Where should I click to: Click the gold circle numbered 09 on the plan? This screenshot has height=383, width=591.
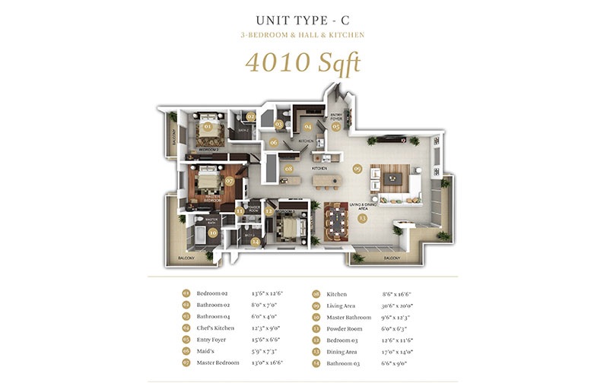tap(357, 168)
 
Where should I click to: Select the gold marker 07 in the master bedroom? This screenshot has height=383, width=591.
tap(229, 181)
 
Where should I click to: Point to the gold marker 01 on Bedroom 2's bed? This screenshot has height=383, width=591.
tap(208, 127)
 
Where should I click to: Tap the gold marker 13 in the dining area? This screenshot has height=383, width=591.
tap(362, 218)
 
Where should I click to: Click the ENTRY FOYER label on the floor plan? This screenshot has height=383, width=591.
tap(336, 116)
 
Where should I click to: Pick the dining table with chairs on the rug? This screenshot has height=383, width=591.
tap(335, 220)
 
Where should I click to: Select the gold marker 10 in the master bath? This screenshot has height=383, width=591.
tap(212, 233)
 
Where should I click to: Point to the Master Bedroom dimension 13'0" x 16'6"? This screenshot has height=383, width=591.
tap(266, 362)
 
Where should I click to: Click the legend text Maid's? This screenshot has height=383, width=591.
tap(205, 350)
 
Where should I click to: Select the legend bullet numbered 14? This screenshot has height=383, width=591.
tap(315, 362)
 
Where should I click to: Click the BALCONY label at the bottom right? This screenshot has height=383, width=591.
tap(391, 258)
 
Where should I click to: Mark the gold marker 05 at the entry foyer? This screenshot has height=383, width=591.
tap(335, 127)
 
